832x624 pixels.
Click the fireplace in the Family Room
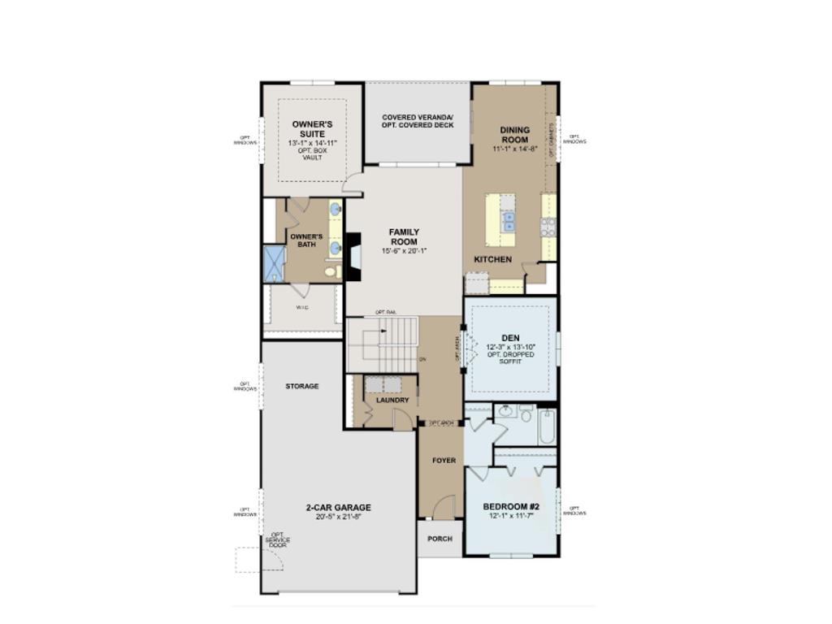[353, 257]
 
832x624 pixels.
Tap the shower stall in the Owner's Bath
[274, 263]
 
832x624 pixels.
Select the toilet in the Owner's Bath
[333, 271]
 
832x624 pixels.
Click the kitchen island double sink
[509, 221]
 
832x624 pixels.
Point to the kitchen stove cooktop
[548, 227]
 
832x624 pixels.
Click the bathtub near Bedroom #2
[546, 427]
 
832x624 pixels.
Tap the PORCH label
[440, 539]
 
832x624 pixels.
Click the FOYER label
[444, 461]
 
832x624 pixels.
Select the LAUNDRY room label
[392, 400]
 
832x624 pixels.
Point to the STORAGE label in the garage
[302, 387]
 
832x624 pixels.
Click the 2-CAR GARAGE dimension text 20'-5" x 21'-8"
[338, 517]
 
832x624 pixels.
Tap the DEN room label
[510, 338]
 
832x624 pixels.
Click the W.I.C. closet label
[301, 308]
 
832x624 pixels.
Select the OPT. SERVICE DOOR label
[277, 540]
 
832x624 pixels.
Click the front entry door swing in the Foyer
[443, 508]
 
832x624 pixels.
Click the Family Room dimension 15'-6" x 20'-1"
[404, 251]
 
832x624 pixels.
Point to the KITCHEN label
[493, 260]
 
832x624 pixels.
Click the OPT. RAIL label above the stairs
[385, 313]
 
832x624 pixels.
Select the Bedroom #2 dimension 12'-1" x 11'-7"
[510, 517]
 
